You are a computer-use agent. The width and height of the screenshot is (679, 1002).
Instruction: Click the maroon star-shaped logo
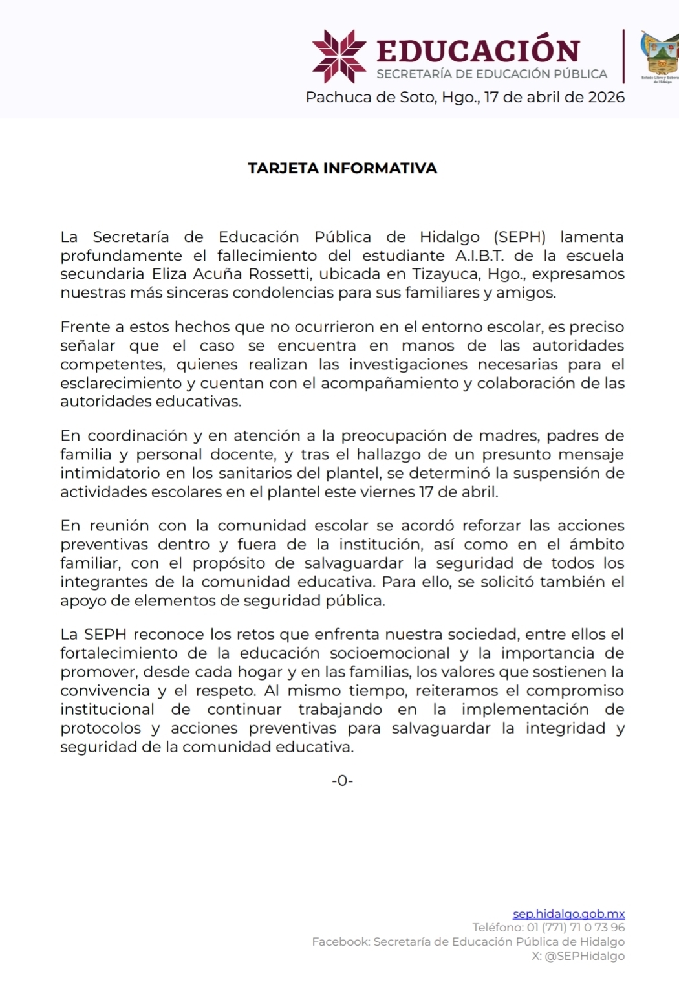tap(339, 56)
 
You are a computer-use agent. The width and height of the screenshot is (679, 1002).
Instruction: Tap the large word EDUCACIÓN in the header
tap(479, 50)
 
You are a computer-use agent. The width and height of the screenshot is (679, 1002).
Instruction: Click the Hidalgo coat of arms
tap(660, 56)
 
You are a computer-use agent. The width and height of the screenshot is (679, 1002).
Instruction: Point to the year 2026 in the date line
tap(606, 98)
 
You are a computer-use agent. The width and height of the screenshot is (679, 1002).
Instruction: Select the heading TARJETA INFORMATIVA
tap(342, 169)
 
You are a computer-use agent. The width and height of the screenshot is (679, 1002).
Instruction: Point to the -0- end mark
tap(342, 781)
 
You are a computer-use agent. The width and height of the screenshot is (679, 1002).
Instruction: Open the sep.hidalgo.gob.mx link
tap(568, 914)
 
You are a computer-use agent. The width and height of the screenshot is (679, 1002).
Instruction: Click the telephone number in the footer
tap(576, 928)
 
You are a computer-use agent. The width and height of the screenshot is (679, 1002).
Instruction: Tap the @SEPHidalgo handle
tap(585, 956)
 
